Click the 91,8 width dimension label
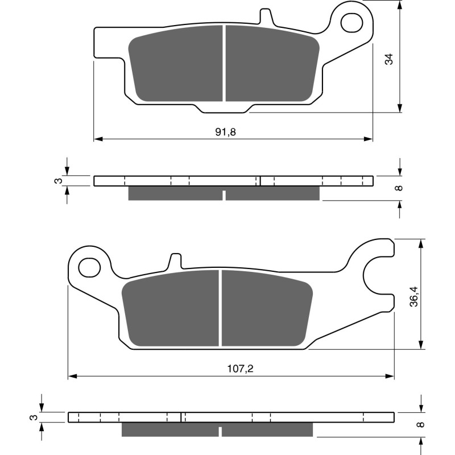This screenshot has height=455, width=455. click(225, 132)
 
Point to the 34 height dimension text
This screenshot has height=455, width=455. click(388, 59)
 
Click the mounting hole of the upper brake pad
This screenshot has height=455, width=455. click(351, 22)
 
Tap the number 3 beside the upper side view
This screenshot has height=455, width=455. click(57, 181)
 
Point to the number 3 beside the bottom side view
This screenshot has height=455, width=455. click(34, 417)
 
